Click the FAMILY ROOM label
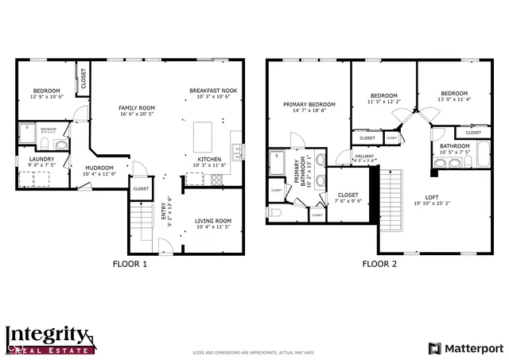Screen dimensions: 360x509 coord(136,107)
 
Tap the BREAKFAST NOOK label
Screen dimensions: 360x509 coord(213,91)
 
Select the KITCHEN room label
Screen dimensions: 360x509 coord(209,158)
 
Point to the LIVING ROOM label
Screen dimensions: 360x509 coord(213,220)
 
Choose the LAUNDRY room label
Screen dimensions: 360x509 coord(41,159)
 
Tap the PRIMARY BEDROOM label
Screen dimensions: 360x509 coord(309,104)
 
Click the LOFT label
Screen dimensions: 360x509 coord(432,196)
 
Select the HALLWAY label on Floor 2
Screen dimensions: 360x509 coord(364,156)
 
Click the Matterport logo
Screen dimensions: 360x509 coord(466,347)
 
